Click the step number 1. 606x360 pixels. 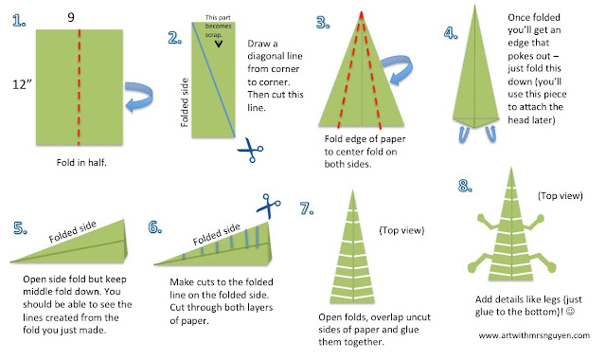[19, 21]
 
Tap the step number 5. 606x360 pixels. [20, 228]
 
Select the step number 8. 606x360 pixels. [465, 186]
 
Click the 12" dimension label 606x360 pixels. [22, 84]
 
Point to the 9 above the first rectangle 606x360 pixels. [71, 17]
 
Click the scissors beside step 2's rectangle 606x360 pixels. [250, 150]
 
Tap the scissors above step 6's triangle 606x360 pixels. [268, 206]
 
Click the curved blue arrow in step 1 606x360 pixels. [139, 97]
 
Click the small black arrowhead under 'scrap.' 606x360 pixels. [219, 44]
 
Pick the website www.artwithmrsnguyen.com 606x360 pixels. [534, 335]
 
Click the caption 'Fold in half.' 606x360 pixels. [81, 162]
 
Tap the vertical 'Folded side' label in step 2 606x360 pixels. [185, 102]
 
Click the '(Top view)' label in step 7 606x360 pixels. [401, 230]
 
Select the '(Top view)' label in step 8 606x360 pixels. [560, 196]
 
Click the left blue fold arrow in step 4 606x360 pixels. [463, 134]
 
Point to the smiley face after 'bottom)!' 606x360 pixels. [570, 312]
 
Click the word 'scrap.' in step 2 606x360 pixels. [214, 35]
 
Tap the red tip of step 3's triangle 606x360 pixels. [362, 15]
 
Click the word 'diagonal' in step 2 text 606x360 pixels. [275, 56]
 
